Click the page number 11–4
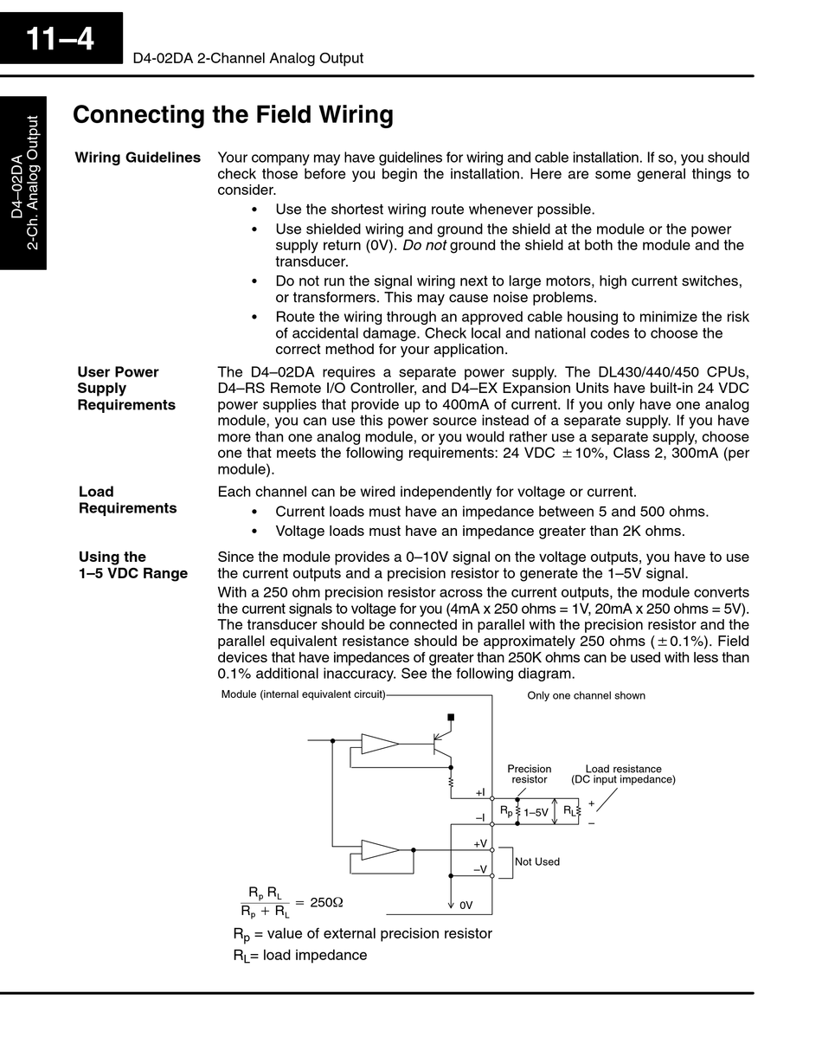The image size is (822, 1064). tap(60, 39)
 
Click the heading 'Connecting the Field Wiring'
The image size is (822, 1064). tap(233, 115)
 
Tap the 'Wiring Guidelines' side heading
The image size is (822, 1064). tap(138, 158)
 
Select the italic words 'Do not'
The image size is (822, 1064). tap(424, 245)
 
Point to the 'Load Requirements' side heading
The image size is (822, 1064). tap(127, 500)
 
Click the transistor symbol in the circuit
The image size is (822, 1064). tap(441, 744)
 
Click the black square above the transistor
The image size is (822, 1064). tap(451, 717)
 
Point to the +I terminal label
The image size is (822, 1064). tap(480, 793)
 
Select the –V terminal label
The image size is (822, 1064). tap(479, 868)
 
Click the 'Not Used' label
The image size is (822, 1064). tap(537, 861)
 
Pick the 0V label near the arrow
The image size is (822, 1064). tap(466, 905)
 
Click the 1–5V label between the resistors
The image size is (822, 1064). tap(536, 812)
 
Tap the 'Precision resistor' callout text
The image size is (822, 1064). tap(529, 774)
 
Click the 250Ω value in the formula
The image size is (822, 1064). tap(326, 902)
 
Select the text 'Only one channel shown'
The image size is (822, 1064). tap(586, 695)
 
